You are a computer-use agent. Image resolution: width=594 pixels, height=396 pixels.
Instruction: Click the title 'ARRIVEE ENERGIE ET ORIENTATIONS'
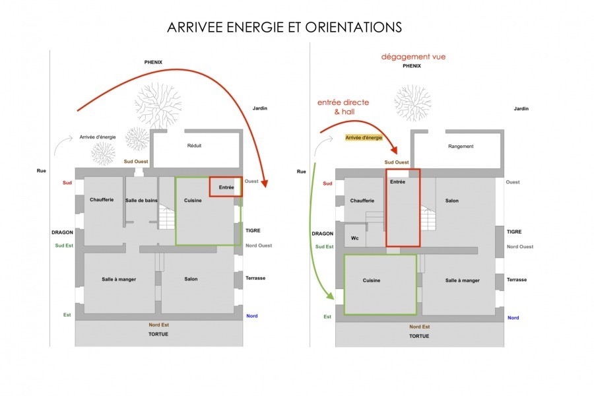pyautogui.click(x=284, y=28)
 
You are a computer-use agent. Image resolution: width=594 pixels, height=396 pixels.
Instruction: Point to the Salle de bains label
pyautogui.click(x=141, y=201)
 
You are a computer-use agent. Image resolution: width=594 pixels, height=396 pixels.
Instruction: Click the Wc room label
pyautogui.click(x=354, y=238)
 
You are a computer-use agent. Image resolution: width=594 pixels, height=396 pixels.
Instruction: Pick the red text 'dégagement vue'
pyautogui.click(x=413, y=57)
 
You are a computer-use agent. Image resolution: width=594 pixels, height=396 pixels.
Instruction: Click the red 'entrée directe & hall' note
pyautogui.click(x=343, y=108)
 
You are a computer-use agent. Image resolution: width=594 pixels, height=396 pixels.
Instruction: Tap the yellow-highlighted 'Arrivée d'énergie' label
pyautogui.click(x=364, y=138)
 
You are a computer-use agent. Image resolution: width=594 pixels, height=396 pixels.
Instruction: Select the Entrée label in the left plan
pyautogui.click(x=226, y=187)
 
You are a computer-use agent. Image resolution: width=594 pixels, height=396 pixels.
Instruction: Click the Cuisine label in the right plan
pyautogui.click(x=372, y=280)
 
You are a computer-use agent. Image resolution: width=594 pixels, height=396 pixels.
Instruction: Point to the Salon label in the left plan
pyautogui.click(x=189, y=279)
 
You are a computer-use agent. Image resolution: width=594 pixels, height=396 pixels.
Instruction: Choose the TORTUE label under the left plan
pyautogui.click(x=158, y=334)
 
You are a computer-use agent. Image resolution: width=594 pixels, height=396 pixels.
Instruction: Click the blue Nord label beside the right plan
pyautogui.click(x=513, y=318)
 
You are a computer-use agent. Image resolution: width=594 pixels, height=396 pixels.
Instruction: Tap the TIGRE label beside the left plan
pyautogui.click(x=252, y=230)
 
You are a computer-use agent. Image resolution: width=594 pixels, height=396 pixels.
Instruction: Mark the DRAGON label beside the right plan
pyautogui.click(x=322, y=233)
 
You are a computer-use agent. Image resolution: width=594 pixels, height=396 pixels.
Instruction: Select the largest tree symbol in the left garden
pyautogui.click(x=157, y=104)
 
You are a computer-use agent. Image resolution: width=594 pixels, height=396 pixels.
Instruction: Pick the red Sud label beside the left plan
pyautogui.click(x=67, y=182)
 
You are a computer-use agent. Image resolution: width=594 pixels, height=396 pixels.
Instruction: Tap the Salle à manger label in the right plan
pyautogui.click(x=462, y=280)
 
